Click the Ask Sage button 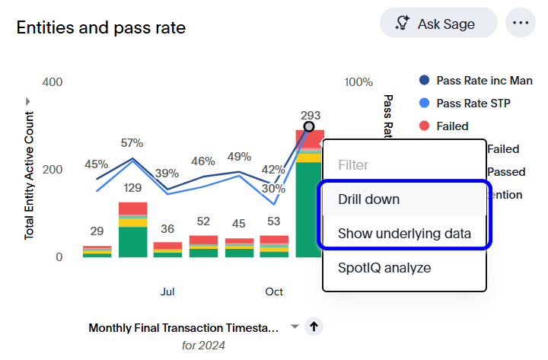[x=438, y=24]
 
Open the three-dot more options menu [x=521, y=23]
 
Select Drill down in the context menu [x=369, y=199]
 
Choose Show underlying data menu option [x=404, y=234]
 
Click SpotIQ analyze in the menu [x=384, y=268]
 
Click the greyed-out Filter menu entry [x=353, y=164]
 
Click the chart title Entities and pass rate [x=101, y=28]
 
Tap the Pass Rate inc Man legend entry [x=484, y=81]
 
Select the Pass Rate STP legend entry [x=473, y=104]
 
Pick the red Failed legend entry [x=452, y=126]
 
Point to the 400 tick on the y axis [x=52, y=81]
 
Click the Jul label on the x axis [x=168, y=292]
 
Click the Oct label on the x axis [x=274, y=292]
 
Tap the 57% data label [x=132, y=142]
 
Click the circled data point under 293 [x=308, y=127]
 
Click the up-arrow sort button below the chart [x=314, y=327]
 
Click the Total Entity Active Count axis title [x=30, y=176]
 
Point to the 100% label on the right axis [x=358, y=82]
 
